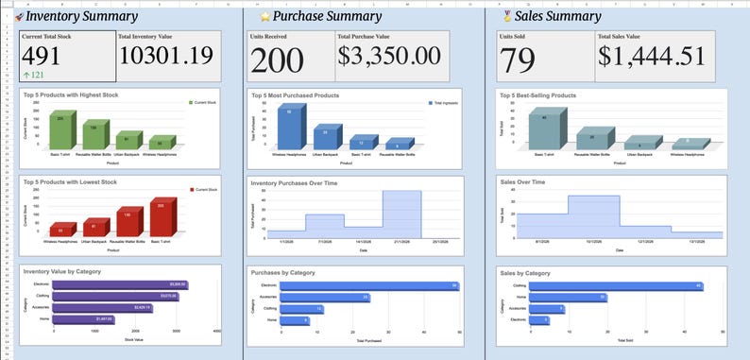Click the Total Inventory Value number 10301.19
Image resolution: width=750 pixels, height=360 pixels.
167,58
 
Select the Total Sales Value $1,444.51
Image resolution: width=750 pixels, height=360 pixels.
652,57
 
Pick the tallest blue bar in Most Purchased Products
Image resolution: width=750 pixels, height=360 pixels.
289,126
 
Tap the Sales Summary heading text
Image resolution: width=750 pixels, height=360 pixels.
560,16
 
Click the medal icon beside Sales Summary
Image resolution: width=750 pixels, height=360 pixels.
510,16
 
